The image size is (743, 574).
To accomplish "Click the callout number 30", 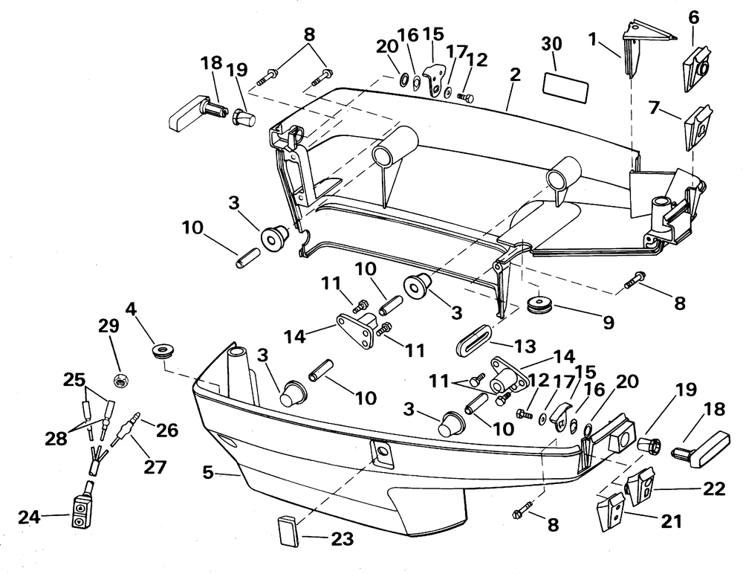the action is (551, 44).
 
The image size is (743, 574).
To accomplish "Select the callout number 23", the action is (342, 539).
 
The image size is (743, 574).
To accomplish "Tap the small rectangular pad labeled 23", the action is (288, 532).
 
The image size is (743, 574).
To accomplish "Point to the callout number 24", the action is (30, 517).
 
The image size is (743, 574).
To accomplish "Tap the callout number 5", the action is (208, 472).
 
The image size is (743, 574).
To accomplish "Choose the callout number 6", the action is (693, 18).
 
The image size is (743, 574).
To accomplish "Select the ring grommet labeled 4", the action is (164, 350).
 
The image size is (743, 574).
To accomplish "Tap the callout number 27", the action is (155, 467).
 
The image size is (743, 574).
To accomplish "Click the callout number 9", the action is (609, 322).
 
